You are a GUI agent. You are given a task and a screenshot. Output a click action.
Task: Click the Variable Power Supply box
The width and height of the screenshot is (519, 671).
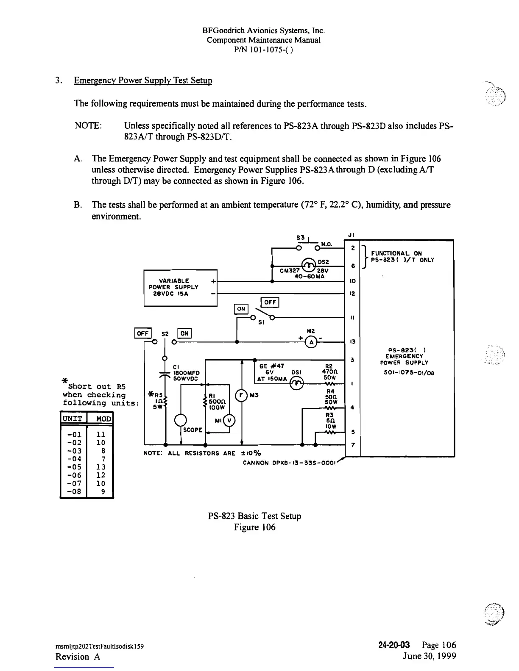(x=180, y=287)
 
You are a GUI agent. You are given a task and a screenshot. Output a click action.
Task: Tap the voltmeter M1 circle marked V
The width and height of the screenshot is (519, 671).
(x=231, y=421)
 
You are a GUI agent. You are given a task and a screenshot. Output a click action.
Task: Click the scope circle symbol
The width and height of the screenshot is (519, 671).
(x=181, y=420)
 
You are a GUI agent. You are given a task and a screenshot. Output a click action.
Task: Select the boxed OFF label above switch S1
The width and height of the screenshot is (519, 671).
(x=270, y=302)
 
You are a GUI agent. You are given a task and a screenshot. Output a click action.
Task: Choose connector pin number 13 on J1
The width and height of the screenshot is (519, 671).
(x=353, y=342)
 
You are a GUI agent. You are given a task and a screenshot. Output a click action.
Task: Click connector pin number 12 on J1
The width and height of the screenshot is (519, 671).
(x=353, y=293)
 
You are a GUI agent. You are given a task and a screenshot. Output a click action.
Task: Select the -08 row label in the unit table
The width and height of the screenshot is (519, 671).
(x=74, y=492)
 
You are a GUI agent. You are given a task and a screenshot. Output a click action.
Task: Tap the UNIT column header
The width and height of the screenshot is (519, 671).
(x=73, y=419)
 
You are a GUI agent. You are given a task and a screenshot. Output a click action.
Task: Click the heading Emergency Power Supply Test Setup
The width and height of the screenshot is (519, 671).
(x=143, y=80)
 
